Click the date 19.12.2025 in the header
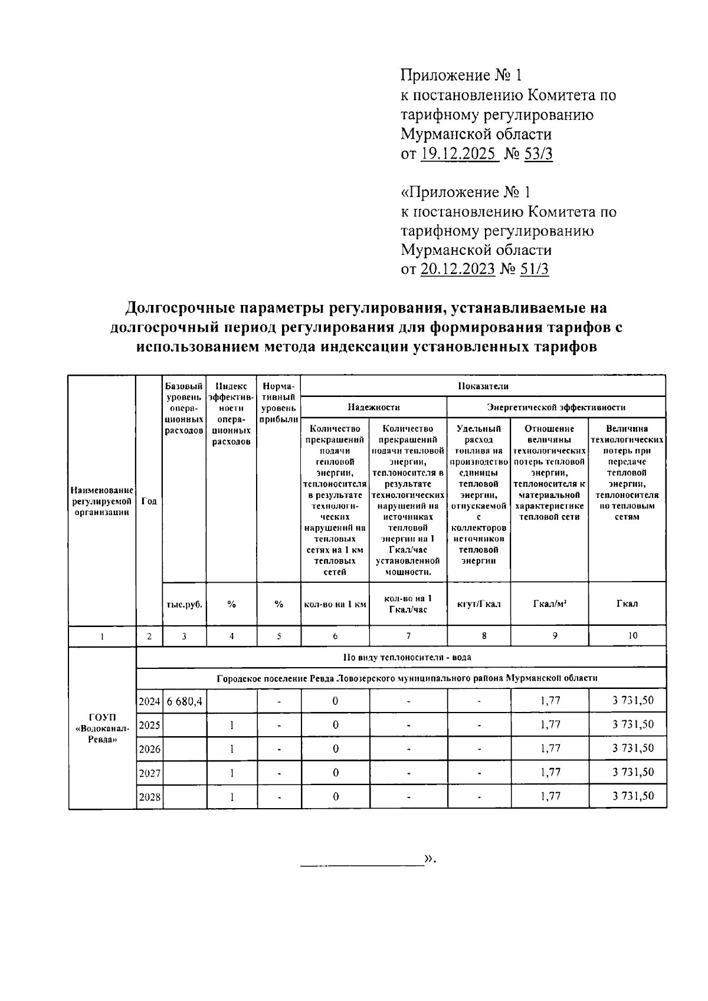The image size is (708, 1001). pos(460,154)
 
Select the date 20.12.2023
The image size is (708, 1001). pos(458,269)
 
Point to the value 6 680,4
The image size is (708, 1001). pos(184,701)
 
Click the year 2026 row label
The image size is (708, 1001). pos(149,749)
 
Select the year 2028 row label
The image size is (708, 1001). pos(149,797)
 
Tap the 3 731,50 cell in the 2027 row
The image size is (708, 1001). pos(633,772)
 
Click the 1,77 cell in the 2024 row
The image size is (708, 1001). pos(550,701)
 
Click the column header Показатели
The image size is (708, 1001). pos(483,386)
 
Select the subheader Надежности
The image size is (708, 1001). pos(373,407)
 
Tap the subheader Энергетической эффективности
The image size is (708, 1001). pos(556,407)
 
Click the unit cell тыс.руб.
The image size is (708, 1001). pos(184,604)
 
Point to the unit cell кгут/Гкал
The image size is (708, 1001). pos(478,604)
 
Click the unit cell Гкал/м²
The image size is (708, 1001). pos(550,604)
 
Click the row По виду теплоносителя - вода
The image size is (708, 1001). pos(407,657)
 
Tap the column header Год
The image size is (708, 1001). pos(149,501)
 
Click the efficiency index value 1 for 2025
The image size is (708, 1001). pos(232,725)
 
